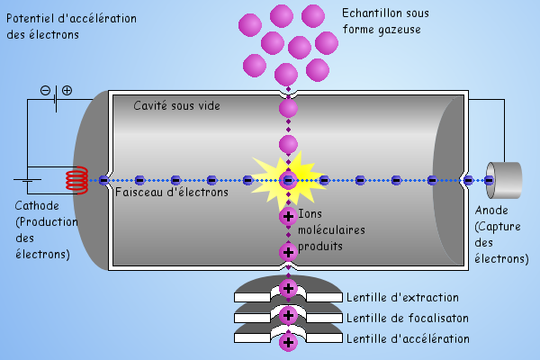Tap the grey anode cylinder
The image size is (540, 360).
click(503, 180)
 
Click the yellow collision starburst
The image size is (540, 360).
click(287, 178)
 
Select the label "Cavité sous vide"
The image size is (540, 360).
click(176, 106)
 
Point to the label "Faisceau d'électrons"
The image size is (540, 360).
click(171, 192)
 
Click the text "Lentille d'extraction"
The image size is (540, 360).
click(402, 298)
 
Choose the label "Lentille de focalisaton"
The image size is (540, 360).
click(408, 318)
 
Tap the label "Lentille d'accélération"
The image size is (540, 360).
click(408, 338)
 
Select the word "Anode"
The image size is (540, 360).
click(491, 211)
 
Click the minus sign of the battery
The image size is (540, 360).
click(46, 90)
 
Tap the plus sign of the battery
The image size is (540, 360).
click(67, 90)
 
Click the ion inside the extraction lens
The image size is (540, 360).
click(288, 289)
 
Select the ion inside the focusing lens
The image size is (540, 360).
click(288, 315)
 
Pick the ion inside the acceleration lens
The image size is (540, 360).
click(288, 342)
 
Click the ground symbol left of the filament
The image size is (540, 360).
click(27, 182)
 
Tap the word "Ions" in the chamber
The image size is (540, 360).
click(310, 213)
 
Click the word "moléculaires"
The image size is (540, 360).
click(331, 229)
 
